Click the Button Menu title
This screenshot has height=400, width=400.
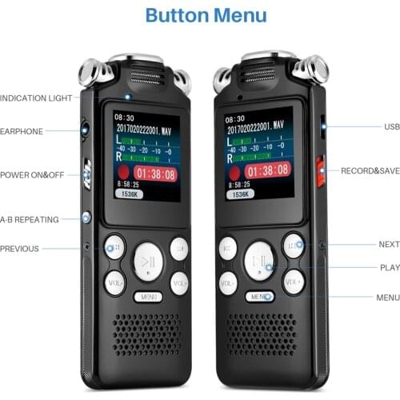coord(200,15)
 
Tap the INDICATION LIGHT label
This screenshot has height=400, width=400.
coord(36,98)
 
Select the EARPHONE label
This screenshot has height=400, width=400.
coord(22,131)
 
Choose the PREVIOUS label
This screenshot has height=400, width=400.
coord(19,249)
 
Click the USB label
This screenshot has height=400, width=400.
coord(391,126)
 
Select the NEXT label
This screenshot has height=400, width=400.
coord(389,244)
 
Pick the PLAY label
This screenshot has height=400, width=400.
coord(389,268)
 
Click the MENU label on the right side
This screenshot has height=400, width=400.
coord(387,298)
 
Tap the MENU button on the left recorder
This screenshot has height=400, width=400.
coord(148,297)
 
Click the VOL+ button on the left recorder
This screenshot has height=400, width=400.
coord(179,282)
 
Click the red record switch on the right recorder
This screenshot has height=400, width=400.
coord(320,170)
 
